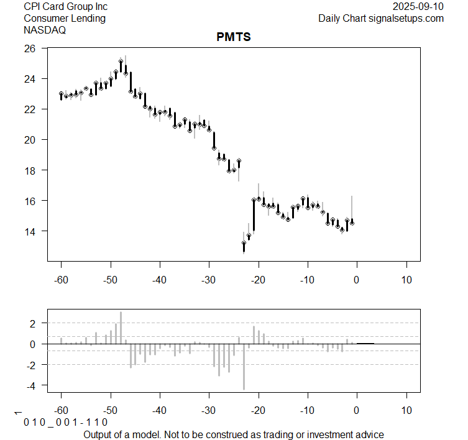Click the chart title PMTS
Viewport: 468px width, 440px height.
234,37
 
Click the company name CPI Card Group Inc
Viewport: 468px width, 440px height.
65,6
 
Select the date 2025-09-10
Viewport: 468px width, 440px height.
419,6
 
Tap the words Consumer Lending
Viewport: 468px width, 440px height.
65,18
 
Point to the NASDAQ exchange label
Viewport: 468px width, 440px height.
44,30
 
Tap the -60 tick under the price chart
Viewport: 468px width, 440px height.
61,280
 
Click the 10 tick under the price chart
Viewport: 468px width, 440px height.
406,280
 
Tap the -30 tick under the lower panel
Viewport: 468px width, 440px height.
209,411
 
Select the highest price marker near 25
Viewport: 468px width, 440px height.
121,61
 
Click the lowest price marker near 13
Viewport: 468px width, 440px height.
244,243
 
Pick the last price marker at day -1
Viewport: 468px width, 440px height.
352,222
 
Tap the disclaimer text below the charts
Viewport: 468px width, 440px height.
234,434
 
